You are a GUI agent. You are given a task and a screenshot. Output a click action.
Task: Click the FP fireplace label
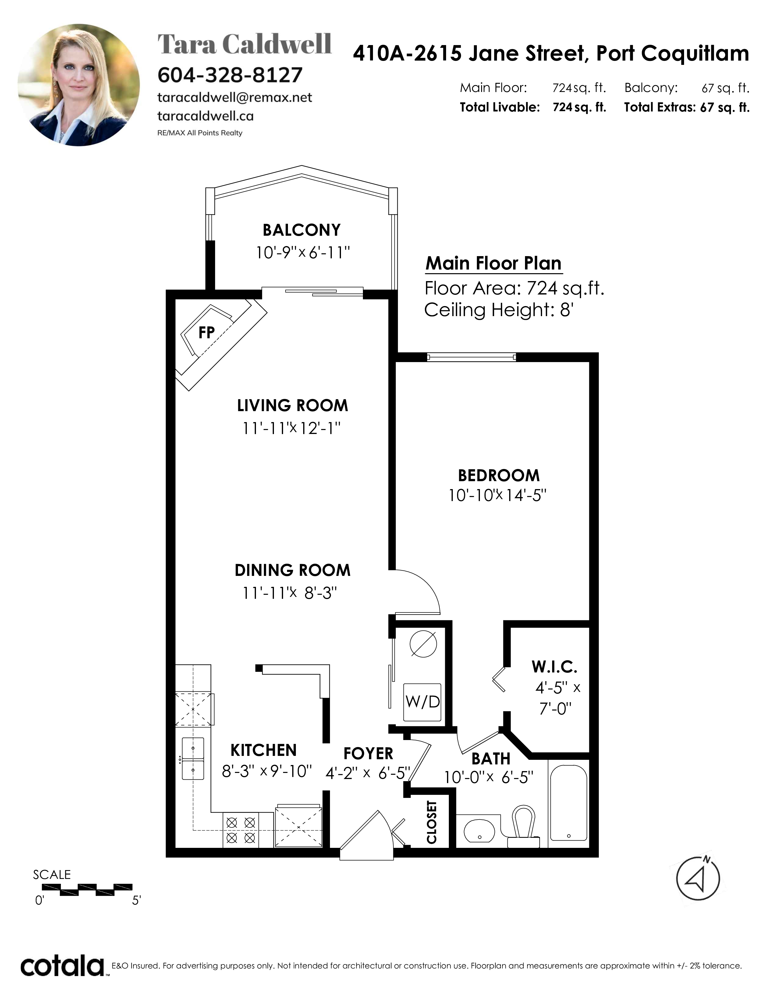pyautogui.click(x=207, y=332)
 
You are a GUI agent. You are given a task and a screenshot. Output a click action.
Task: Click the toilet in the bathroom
pyautogui.click(x=524, y=827)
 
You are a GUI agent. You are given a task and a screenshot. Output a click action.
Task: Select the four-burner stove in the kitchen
pyautogui.click(x=241, y=830)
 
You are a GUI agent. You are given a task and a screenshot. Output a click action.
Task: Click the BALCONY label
pyautogui.click(x=301, y=230)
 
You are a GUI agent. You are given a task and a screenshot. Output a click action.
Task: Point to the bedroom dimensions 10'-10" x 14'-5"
pyautogui.click(x=498, y=495)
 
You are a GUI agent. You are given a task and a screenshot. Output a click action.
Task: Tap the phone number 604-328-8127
pyautogui.click(x=230, y=75)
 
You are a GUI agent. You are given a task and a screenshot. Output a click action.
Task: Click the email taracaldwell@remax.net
pyautogui.click(x=235, y=97)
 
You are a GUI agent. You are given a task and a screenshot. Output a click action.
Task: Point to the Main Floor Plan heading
pyautogui.click(x=493, y=264)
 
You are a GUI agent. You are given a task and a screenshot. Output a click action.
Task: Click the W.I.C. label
pyautogui.click(x=554, y=667)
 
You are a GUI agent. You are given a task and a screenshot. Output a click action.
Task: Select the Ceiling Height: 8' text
pyautogui.click(x=498, y=310)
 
